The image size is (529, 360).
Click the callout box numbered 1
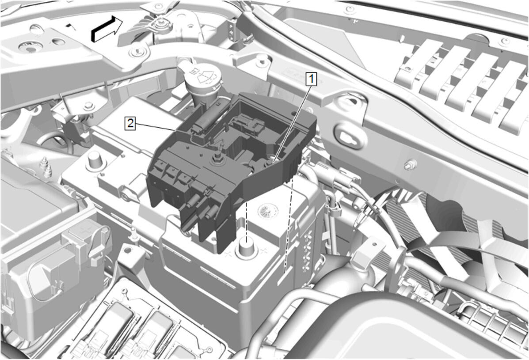coord(311,79)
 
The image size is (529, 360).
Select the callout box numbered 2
coord(130,123)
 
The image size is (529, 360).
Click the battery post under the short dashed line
coord(247,248)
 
